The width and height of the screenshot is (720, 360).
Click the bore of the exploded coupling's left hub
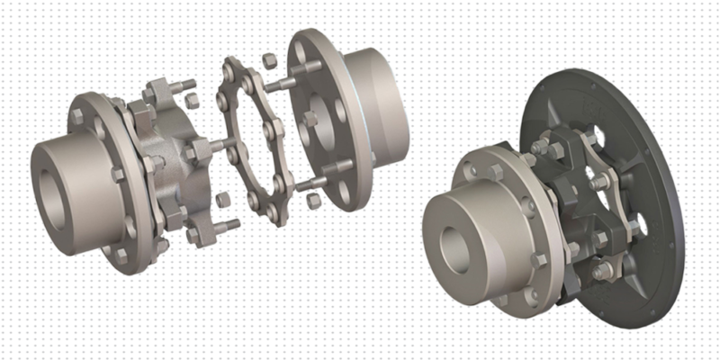tap(44, 172)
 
